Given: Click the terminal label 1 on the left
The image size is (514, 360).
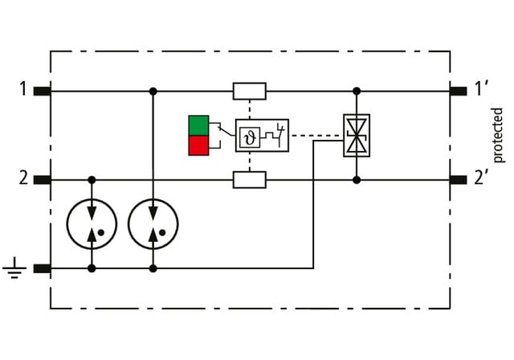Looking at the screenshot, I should (24, 89).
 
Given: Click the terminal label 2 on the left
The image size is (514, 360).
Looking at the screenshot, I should (24, 178).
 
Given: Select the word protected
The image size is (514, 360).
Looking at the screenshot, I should (499, 134).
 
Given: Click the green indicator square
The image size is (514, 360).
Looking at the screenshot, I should (198, 125).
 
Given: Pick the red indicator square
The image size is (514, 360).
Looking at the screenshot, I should (198, 145).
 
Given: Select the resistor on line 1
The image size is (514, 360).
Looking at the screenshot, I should (249, 91).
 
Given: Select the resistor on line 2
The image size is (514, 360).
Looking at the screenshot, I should (249, 179).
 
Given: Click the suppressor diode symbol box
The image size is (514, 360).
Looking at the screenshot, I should (356, 135).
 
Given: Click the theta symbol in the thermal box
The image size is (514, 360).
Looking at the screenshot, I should (249, 135).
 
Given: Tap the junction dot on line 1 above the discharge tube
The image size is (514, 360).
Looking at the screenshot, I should (153, 91).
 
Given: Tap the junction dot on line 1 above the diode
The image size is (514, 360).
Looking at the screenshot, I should (357, 91).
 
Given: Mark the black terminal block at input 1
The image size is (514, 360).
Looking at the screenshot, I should (43, 91).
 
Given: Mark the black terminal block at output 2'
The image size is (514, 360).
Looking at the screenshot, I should (458, 179).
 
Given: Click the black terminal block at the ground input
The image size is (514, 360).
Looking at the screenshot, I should (43, 268).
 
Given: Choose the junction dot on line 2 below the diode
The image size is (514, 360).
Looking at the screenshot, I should (357, 179).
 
